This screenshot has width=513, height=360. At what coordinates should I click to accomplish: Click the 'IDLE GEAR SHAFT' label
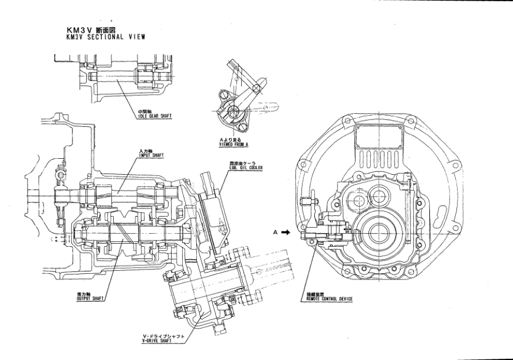[154, 114]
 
